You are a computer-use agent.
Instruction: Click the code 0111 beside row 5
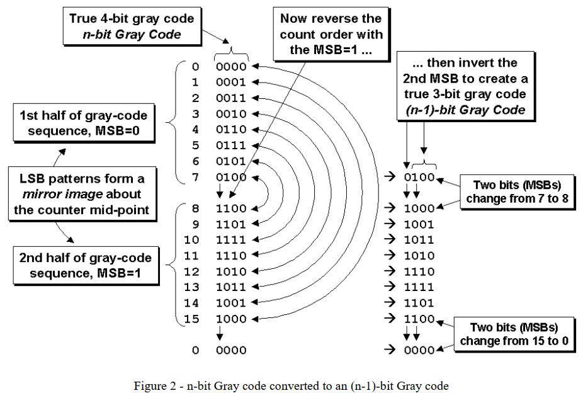[231, 145]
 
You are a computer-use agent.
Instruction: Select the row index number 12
[191, 272]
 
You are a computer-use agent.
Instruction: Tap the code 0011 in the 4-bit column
[231, 98]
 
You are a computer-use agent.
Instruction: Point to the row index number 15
[191, 319]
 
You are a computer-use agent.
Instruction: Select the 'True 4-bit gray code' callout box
[132, 26]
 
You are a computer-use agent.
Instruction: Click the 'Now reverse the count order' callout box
[331, 34]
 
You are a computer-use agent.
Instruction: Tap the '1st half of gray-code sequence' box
[84, 123]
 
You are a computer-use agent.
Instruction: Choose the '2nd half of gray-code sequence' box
[86, 266]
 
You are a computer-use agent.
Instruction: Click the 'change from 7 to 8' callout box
[517, 192]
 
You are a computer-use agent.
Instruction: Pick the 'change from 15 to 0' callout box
[514, 334]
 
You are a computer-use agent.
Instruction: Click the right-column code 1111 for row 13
[419, 287]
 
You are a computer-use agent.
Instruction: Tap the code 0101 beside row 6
[231, 161]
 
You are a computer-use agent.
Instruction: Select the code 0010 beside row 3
[231, 114]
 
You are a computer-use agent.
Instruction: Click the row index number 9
[196, 225]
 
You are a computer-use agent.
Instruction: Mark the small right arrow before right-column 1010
[390, 254]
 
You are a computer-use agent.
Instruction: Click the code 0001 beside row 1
[231, 82]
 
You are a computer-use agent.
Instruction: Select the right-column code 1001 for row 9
[419, 225]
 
